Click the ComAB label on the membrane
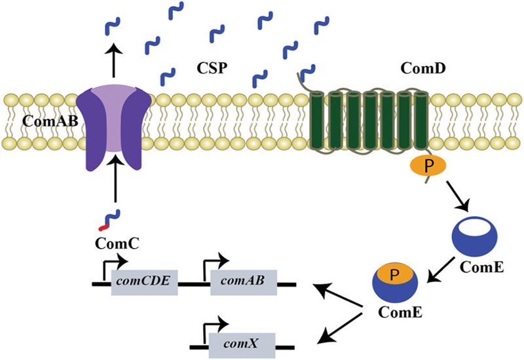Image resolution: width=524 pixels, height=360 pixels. [x=45, y=121]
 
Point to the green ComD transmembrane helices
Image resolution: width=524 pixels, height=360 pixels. [x=370, y=118]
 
